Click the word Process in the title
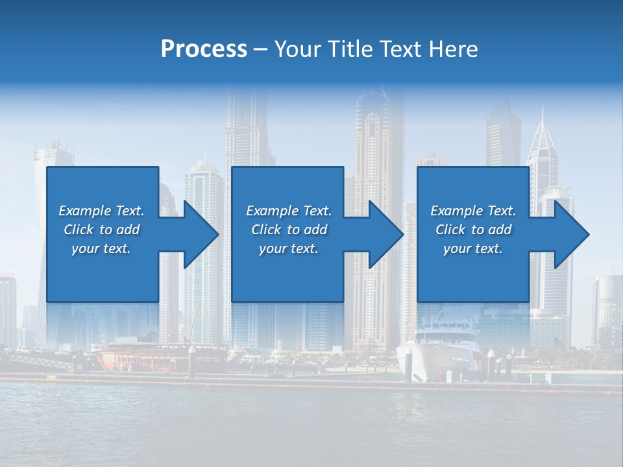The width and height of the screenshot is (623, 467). click(x=204, y=49)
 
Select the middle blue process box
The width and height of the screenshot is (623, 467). click(x=287, y=272)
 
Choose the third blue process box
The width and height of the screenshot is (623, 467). click(x=473, y=272)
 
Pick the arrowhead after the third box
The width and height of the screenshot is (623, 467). click(x=570, y=234)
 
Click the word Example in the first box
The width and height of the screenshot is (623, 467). click(x=84, y=211)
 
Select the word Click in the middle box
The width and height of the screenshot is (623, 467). click(x=266, y=230)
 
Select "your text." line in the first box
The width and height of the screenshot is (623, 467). click(x=101, y=248)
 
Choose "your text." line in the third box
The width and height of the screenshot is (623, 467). click(x=473, y=248)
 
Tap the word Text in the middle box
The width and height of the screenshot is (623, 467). click(x=316, y=211)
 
